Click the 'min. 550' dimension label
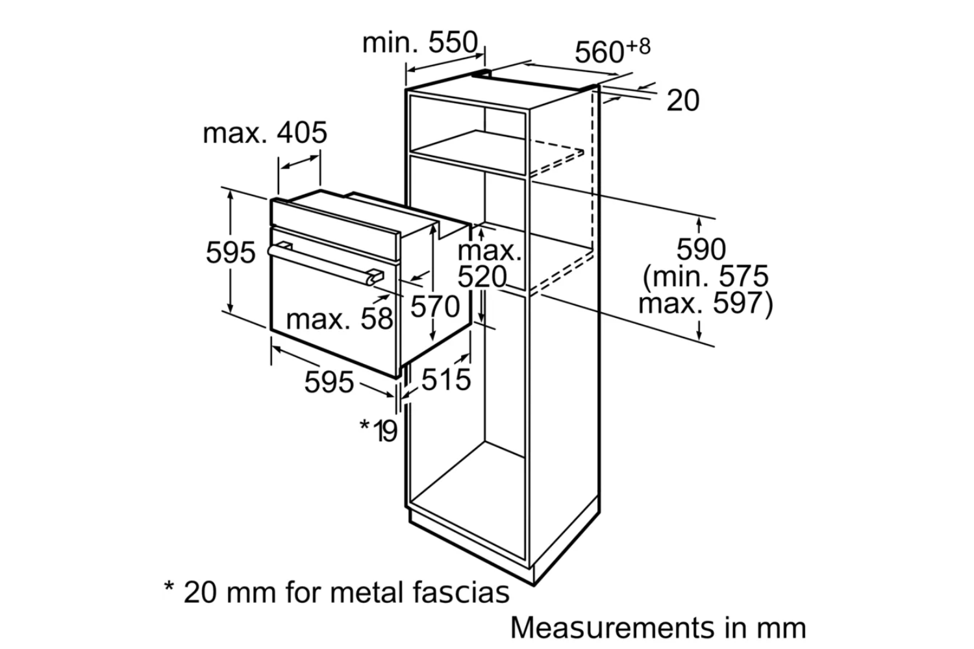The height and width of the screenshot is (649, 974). click(x=419, y=43)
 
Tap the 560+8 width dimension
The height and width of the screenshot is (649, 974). click(x=612, y=51)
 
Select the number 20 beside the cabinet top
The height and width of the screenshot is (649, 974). click(x=683, y=101)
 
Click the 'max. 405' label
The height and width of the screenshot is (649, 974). click(x=265, y=133)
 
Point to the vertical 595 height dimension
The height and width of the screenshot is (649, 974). click(x=231, y=252)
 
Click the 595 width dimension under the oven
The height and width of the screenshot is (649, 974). click(x=329, y=382)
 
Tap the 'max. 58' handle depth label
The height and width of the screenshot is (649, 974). click(x=340, y=319)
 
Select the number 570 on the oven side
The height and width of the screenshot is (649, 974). click(x=434, y=306)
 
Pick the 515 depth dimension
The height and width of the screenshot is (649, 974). click(x=445, y=380)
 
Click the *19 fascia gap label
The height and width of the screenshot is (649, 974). click(x=379, y=430)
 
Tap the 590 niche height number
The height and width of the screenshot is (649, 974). click(x=701, y=249)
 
